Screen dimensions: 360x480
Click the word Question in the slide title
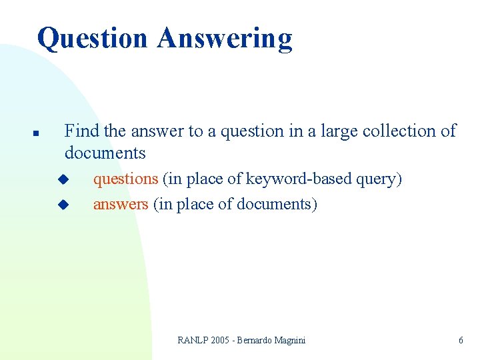click(93, 39)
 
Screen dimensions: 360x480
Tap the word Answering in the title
click(225, 39)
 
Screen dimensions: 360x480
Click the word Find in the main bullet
click(81, 131)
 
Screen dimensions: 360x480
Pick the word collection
click(395, 131)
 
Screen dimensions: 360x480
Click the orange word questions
click(125, 179)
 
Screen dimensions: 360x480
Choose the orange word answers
click(121, 204)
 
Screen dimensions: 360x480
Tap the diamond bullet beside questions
click(63, 179)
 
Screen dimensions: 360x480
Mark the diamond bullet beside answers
click(63, 204)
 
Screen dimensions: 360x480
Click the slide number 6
click(461, 341)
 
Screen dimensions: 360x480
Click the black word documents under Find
click(105, 153)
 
